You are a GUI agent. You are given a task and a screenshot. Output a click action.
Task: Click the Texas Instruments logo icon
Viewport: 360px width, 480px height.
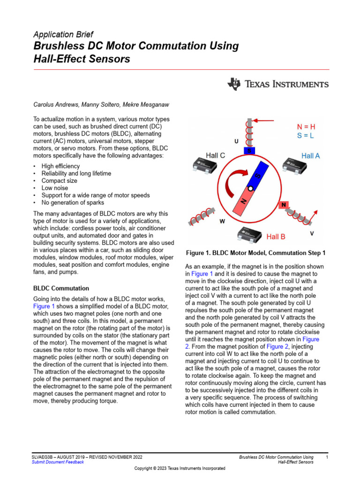coord(233,84)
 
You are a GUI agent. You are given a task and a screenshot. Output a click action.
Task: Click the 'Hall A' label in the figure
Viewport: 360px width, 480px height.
coord(310,156)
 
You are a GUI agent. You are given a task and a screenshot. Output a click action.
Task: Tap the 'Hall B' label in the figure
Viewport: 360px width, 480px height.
coord(276,237)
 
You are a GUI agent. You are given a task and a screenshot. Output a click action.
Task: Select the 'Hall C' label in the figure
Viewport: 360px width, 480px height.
coord(216,155)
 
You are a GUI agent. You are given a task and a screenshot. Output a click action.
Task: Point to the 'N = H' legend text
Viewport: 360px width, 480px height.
coord(306,127)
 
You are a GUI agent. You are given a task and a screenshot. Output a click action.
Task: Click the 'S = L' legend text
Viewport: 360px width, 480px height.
coord(306,135)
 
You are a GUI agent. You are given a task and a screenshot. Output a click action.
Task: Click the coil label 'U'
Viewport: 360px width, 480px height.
coord(236,141)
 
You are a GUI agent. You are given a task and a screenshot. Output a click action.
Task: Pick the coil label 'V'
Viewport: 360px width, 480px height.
coord(312,233)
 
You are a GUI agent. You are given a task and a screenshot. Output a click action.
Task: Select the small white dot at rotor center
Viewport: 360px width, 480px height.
coord(251,188)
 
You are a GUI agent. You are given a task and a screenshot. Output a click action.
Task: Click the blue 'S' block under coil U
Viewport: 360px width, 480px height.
coord(250,150)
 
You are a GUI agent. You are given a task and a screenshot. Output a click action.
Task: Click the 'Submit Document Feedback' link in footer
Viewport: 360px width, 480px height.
coord(58,462)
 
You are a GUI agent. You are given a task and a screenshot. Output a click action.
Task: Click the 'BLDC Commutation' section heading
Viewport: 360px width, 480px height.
coord(61,288)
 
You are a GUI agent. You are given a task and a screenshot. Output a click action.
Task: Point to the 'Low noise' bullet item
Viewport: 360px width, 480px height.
coord(54,188)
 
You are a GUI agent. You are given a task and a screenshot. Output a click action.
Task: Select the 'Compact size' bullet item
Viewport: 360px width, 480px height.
coord(59,180)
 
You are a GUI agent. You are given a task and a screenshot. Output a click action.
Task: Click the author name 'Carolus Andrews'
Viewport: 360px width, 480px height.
coord(54,104)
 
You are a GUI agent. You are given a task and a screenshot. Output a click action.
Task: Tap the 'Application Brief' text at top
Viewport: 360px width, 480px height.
coord(63,34)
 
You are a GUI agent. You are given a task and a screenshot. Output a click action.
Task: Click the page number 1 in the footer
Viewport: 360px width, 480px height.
coord(327,457)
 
